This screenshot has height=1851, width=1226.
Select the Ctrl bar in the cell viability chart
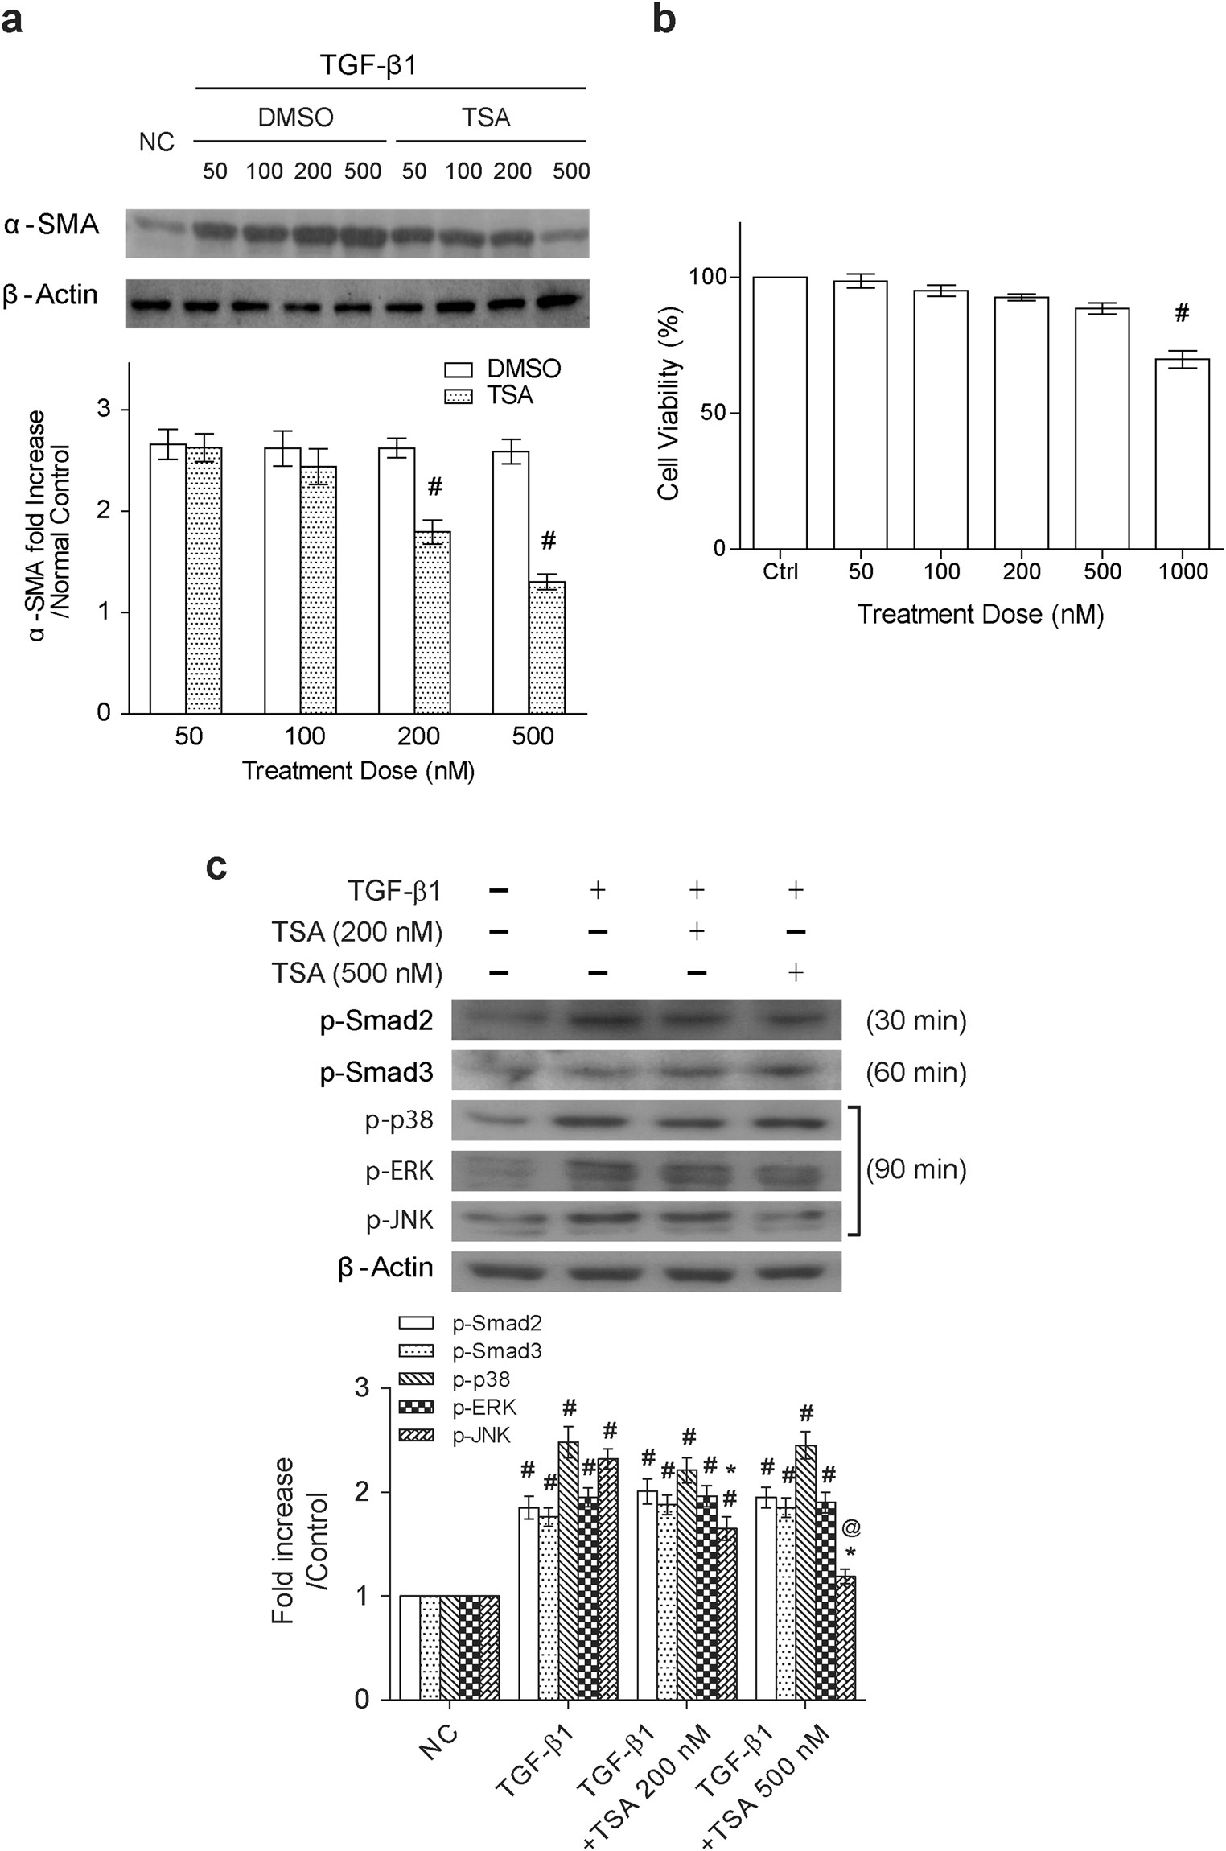tap(780, 413)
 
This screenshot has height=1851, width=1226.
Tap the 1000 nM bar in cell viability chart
tap(1182, 454)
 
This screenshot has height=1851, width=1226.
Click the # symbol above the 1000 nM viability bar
tap(1181, 314)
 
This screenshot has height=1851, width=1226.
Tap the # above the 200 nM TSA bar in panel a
tap(435, 486)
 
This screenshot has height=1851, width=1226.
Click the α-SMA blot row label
tap(53, 225)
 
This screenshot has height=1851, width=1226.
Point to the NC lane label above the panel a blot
tap(157, 142)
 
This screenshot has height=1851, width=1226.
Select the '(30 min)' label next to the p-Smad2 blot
tap(915, 1021)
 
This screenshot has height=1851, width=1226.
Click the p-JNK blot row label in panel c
tap(400, 1221)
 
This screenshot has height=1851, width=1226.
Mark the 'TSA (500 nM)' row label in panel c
tap(356, 973)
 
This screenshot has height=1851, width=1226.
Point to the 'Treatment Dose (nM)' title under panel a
tap(358, 771)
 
